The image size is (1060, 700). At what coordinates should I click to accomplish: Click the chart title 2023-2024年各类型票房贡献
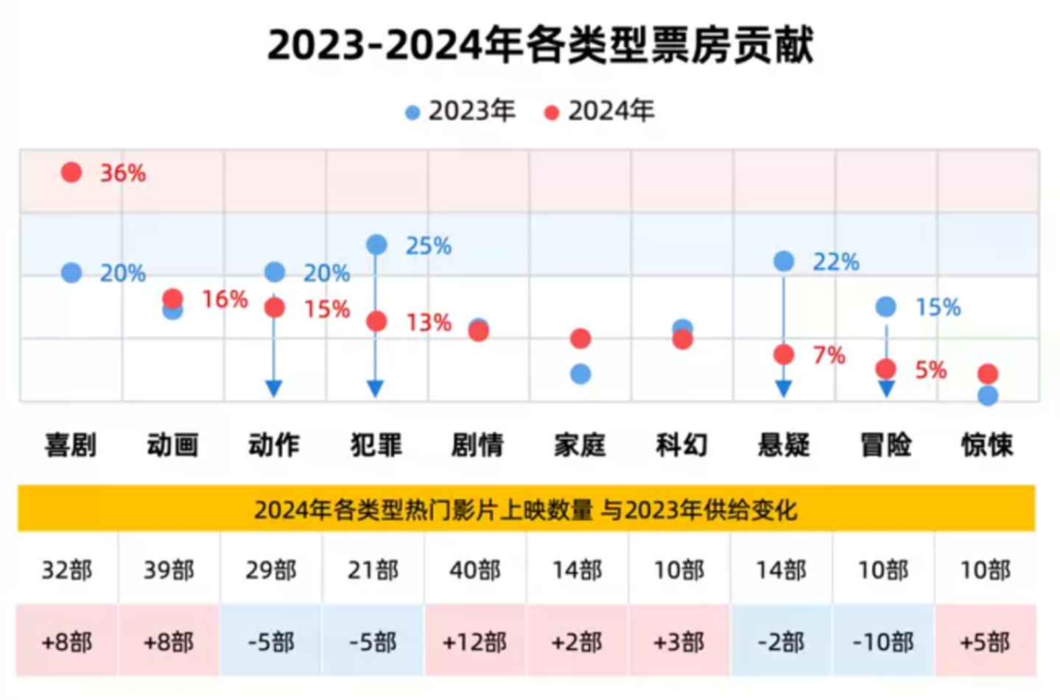[x=540, y=45]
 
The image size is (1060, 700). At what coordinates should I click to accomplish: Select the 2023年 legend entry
[x=460, y=111]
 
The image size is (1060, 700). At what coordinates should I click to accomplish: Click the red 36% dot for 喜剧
[x=71, y=172]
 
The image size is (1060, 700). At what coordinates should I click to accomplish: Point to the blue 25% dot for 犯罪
[x=376, y=245]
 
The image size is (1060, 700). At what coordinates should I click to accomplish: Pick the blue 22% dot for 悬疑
[x=784, y=261]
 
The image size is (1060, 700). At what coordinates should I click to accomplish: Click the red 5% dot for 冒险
[x=886, y=368]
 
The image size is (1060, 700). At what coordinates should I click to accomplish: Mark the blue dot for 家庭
[x=580, y=374]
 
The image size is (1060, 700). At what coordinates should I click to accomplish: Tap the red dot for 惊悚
[x=988, y=374]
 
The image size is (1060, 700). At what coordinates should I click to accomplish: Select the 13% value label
[x=429, y=322]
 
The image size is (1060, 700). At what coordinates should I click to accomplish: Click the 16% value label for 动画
[x=225, y=299]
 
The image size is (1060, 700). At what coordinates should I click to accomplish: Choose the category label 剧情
[x=477, y=445]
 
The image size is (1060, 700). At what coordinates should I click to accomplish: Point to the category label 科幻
[x=681, y=445]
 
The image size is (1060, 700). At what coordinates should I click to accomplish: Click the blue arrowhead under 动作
[x=274, y=388]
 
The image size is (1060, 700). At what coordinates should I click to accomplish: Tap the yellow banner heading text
[x=526, y=509]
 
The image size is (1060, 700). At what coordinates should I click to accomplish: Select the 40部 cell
[x=475, y=570]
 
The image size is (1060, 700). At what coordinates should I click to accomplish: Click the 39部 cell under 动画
[x=169, y=570]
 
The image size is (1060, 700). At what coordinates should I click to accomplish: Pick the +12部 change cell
[x=475, y=642]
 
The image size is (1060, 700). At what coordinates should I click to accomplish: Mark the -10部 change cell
[x=883, y=642]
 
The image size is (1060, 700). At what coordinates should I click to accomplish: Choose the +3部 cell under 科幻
[x=679, y=642]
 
